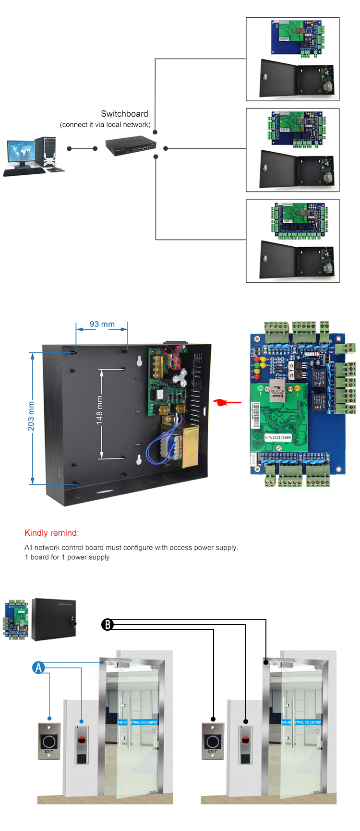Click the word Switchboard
coord(124,114)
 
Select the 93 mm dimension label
coord(102,324)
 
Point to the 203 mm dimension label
coord(31,416)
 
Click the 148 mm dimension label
coord(99,410)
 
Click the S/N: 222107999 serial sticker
coord(277,437)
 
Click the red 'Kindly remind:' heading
coord(52,533)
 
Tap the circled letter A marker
coord(38,667)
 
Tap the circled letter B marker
coord(107,625)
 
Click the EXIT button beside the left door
coord(49,741)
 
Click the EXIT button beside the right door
coord(213,741)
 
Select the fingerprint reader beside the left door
coord(82,744)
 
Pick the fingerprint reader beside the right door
coord(245,744)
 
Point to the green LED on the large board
coord(261,387)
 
